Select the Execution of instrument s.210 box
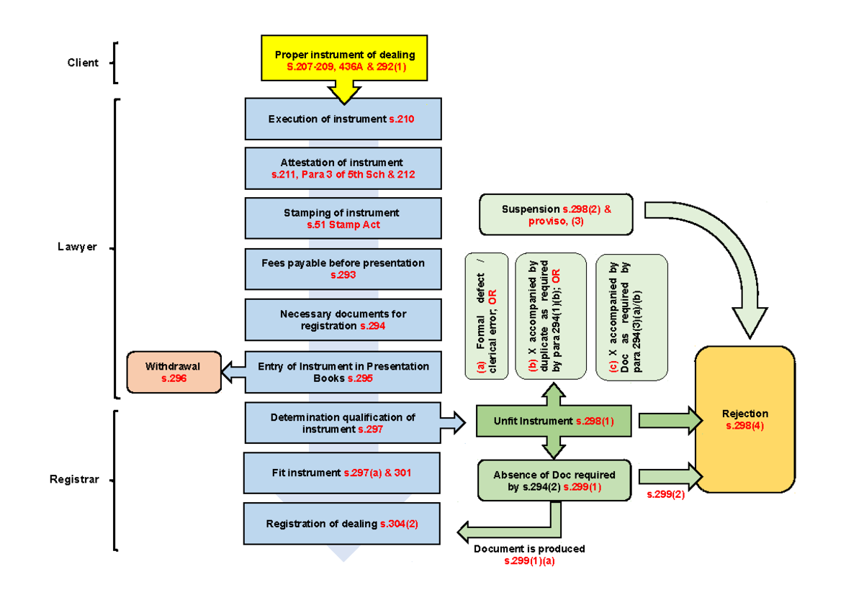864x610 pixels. pyautogui.click(x=343, y=119)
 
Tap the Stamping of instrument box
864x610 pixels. pyautogui.click(x=343, y=219)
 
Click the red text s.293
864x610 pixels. pyautogui.click(x=343, y=275)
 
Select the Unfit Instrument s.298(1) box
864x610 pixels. pyautogui.click(x=553, y=421)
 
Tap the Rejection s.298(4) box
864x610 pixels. pyautogui.click(x=744, y=419)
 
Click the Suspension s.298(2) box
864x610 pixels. pyautogui.click(x=557, y=214)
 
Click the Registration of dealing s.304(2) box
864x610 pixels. pyautogui.click(x=342, y=524)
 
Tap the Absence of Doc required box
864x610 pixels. pyautogui.click(x=554, y=481)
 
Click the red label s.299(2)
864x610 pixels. pyautogui.click(x=665, y=494)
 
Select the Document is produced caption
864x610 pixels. pyautogui.click(x=529, y=549)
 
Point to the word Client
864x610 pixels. pyautogui.click(x=83, y=63)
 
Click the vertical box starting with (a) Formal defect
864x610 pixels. pyautogui.click(x=487, y=314)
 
